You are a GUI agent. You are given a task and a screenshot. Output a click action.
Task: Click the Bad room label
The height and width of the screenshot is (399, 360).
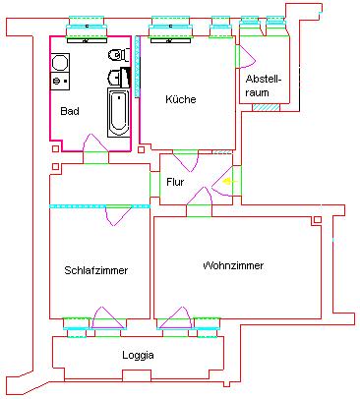70,111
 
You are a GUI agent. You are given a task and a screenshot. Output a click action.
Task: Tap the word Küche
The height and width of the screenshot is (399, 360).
180,99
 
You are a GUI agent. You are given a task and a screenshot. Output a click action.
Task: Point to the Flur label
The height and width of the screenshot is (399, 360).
175,182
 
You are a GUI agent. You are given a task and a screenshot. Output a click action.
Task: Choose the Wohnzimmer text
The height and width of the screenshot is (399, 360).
233,265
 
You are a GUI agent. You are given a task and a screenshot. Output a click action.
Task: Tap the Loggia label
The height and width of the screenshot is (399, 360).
138,355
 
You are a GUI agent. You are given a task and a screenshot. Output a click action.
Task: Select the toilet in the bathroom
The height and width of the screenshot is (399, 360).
116,55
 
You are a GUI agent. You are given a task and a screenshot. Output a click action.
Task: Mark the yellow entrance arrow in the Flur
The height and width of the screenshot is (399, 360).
228,181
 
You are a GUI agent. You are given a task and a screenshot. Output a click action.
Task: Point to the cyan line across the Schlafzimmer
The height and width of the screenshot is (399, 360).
98,205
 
